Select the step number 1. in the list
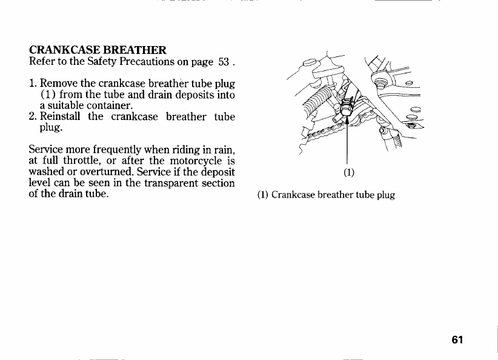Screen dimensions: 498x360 [x=33, y=83]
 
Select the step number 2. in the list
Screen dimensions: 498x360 [x=33, y=116]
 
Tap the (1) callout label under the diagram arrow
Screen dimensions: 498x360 [x=348, y=172]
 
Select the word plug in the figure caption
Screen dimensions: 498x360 [x=384, y=196]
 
